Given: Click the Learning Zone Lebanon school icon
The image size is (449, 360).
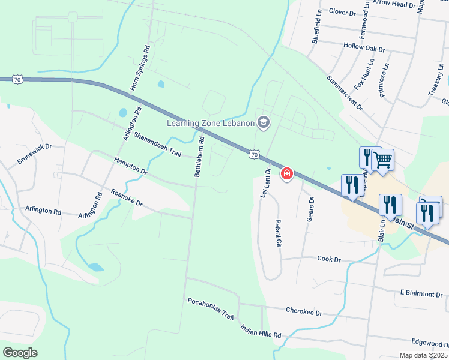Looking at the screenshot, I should point(263,122).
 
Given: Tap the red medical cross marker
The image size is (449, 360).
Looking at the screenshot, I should point(287,174).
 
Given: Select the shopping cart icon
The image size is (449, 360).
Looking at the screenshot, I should point(382,160).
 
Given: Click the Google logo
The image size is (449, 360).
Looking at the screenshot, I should point(20,353).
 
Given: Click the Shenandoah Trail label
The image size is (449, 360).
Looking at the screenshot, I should point(157,144).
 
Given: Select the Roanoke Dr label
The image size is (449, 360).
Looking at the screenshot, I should point(127,199).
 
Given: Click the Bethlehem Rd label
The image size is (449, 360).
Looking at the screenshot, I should point(199,155).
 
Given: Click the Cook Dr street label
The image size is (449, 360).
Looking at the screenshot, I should point(329,259).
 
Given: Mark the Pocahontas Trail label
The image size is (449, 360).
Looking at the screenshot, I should point(210,308).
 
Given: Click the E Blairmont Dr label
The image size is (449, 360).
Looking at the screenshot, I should point(421,293).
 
